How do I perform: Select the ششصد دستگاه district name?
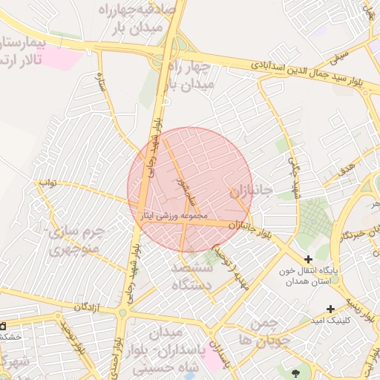[191, 276]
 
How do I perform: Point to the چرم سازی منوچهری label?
[78, 241]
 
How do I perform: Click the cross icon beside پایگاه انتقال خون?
[308, 259]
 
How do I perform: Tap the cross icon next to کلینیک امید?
[330, 309]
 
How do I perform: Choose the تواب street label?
[47, 182]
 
